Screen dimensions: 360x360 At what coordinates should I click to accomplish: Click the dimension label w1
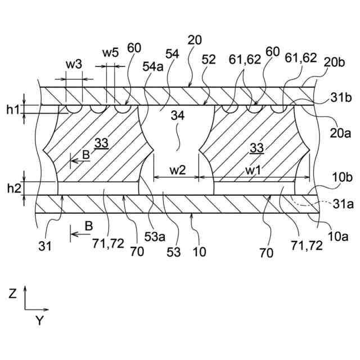[x=251, y=169]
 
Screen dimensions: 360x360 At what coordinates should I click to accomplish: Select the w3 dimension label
[x=74, y=64]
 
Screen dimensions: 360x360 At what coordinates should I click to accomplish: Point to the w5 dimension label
[x=110, y=53]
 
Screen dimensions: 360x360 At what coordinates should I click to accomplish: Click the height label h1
[x=13, y=110]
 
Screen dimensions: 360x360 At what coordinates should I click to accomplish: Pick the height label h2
[x=13, y=188]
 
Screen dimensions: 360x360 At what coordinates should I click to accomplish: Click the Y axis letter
[x=39, y=321]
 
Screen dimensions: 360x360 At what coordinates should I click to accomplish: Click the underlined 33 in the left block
[x=101, y=143]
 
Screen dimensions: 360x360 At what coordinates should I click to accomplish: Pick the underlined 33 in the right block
[x=256, y=148]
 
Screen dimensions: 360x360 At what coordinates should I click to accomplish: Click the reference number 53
[x=174, y=251]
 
